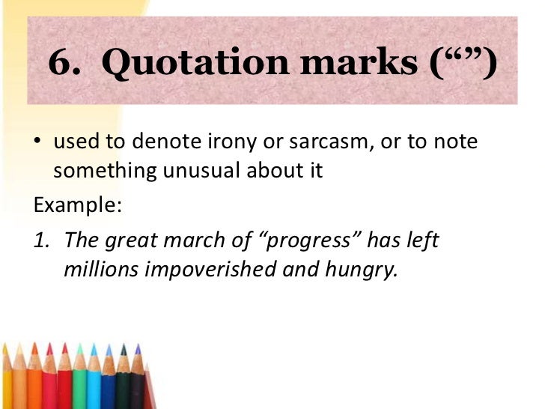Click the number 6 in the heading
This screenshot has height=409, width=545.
pyautogui.click(x=61, y=65)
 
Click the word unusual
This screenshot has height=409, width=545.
pyautogui.click(x=202, y=170)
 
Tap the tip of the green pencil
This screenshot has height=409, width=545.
pyautogui.click(x=79, y=348)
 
